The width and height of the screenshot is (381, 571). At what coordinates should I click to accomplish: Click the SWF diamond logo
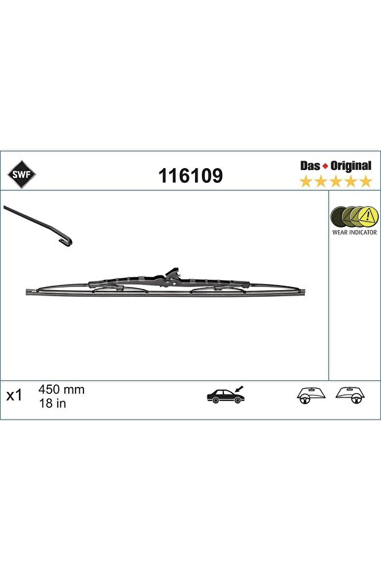(22, 175)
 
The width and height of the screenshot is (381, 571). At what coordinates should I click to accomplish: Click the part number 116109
(190, 175)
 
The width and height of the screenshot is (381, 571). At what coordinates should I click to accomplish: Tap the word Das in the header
(310, 166)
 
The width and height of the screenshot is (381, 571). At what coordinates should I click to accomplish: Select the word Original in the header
(351, 166)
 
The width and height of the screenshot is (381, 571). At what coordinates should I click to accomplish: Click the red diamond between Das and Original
(326, 167)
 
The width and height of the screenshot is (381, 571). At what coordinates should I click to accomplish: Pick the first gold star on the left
(306, 181)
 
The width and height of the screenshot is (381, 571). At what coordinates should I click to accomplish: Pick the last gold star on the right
(365, 181)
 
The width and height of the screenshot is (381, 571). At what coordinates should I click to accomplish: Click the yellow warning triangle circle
(368, 217)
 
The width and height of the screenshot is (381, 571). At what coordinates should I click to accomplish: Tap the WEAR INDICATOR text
(355, 232)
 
